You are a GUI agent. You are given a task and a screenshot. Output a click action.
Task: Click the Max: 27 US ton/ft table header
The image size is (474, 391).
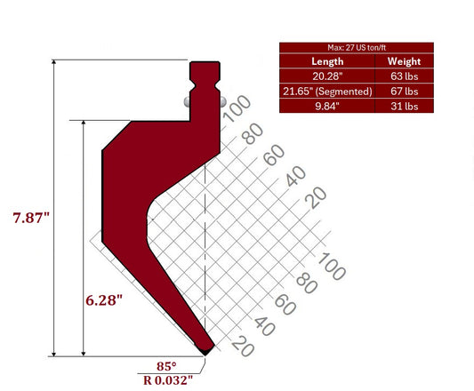(x=357, y=47)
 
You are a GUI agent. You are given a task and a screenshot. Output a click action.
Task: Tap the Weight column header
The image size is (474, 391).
(x=405, y=61)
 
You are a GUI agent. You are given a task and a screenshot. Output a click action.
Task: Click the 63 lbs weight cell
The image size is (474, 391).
(x=405, y=76)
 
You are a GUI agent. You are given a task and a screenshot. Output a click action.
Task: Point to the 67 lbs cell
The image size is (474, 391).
(x=405, y=91)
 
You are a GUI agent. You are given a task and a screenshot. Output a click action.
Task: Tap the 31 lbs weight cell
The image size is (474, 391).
(x=405, y=105)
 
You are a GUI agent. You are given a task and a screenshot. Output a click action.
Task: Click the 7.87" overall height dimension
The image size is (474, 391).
(x=31, y=217)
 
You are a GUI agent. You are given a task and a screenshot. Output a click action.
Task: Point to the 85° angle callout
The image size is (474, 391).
(x=166, y=365)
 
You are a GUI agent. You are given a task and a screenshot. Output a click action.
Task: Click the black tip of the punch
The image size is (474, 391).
(x=206, y=350)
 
